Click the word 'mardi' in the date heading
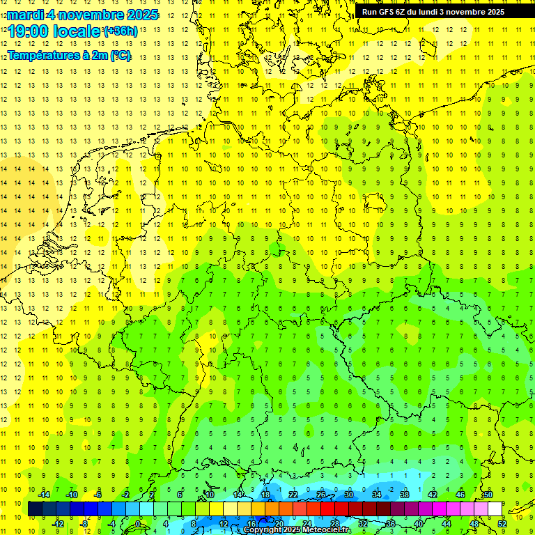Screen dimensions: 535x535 tap(25, 15)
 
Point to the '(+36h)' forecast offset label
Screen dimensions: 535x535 tap(121, 31)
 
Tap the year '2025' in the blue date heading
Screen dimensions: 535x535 tap(139, 15)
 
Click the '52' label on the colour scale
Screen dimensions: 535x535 tap(502, 523)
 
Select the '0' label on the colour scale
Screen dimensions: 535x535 tap(138, 523)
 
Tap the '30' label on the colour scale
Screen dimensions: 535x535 tap(348, 495)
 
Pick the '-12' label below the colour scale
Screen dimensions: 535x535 tap(58, 523)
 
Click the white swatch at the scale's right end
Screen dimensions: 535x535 tap(495, 509)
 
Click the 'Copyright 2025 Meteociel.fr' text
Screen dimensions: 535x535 tap(297, 530)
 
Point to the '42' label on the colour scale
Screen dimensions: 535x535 tap(432, 495)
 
